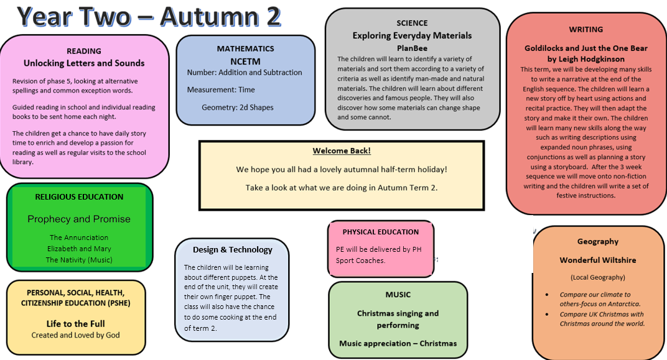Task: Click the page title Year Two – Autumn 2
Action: pyautogui.click(x=149, y=17)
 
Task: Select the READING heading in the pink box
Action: pyautogui.click(x=83, y=51)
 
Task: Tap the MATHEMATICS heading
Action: pyautogui.click(x=245, y=48)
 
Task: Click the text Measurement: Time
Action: pyautogui.click(x=221, y=90)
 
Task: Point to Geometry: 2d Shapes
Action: pyautogui.click(x=237, y=108)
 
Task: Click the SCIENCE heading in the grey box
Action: pyautogui.click(x=412, y=24)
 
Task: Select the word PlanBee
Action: pyautogui.click(x=412, y=48)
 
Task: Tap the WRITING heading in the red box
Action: pyautogui.click(x=585, y=29)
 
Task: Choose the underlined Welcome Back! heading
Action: pyautogui.click(x=342, y=151)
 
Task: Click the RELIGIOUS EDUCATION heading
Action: pyautogui.click(x=79, y=196)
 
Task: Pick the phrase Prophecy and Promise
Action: pyautogui.click(x=79, y=219)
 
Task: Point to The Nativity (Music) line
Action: pyautogui.click(x=79, y=260)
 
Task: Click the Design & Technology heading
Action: pyautogui.click(x=232, y=249)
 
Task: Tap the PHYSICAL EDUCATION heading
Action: pyautogui.click(x=380, y=232)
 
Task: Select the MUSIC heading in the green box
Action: pyautogui.click(x=398, y=295)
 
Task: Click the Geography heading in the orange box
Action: pyautogui.click(x=597, y=241)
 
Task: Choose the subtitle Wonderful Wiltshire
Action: pyautogui.click(x=597, y=260)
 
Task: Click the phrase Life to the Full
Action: pyautogui.click(x=75, y=324)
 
